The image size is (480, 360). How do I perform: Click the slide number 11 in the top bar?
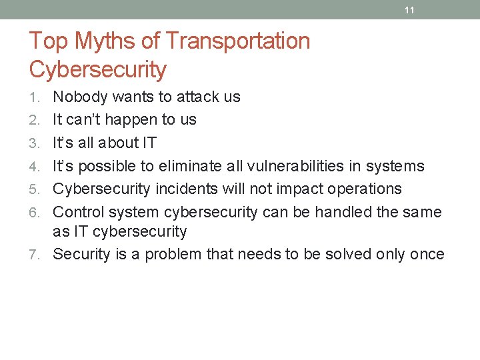[x=409, y=10]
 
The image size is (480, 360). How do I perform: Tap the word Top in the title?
[x=49, y=41]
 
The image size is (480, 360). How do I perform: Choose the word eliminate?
[x=186, y=166]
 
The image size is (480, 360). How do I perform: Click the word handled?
[x=345, y=212]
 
